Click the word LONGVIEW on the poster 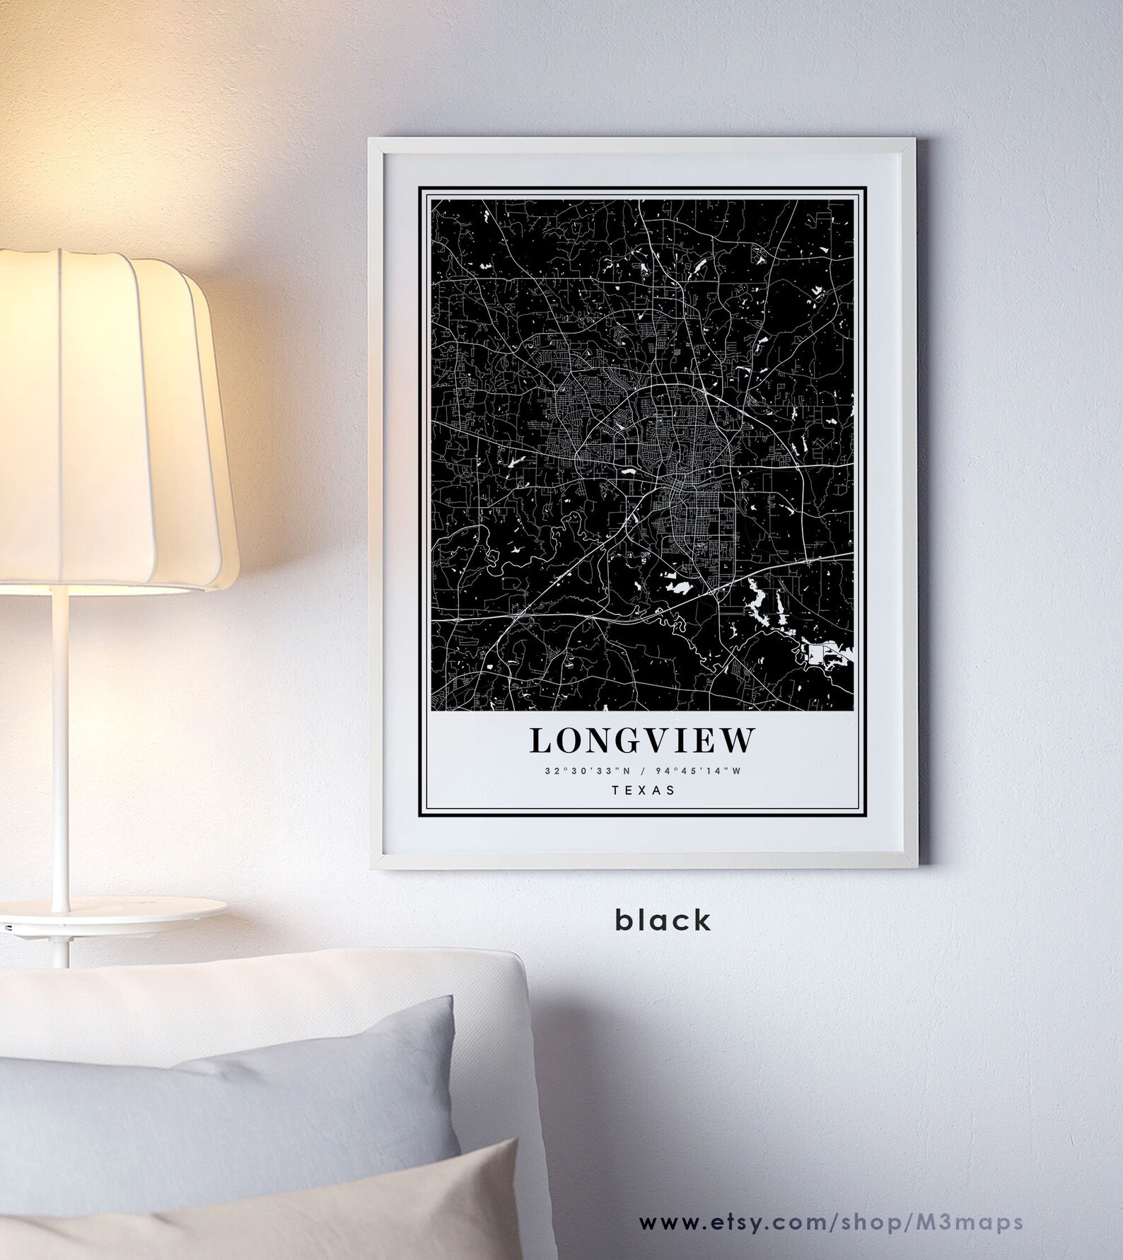[641, 740]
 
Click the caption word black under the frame [663, 920]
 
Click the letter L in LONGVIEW [540, 740]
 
